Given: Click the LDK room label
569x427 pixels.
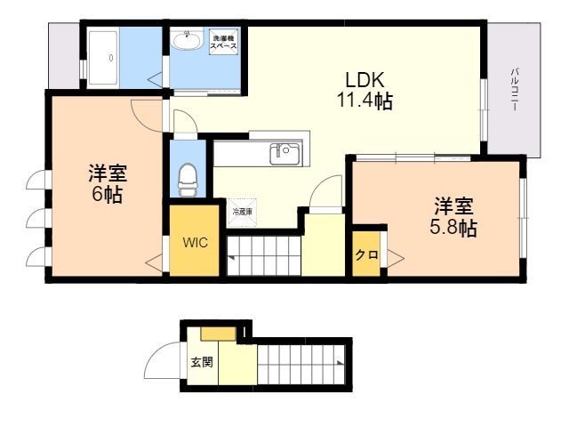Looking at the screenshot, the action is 365,80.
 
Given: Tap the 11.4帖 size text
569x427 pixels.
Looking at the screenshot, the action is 365,101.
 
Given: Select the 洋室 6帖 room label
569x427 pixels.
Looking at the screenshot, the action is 108,183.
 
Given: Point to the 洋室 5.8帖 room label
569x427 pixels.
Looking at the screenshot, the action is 453,217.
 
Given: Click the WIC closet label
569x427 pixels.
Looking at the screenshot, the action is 195,242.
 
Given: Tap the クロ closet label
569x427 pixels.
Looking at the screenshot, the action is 367,255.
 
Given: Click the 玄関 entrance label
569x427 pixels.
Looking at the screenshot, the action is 202,362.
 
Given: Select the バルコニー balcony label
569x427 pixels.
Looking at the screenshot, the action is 514,89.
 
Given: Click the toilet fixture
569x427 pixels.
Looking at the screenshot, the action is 188,180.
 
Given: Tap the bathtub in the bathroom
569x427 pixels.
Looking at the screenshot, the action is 103,57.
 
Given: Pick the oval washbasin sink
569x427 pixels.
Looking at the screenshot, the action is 187,40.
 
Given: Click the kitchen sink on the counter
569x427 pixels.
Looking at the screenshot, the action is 284,153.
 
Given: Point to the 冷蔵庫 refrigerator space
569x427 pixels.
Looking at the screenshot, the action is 242,212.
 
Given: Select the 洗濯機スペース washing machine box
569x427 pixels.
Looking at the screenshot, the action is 224,42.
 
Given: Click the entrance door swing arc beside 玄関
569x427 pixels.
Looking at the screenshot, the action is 162,359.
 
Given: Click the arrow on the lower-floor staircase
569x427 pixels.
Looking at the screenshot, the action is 340,362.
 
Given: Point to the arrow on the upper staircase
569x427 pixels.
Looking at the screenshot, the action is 231,258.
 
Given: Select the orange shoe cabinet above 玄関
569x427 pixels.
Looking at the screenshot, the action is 219,334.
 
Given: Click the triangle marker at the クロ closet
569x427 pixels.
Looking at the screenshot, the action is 395,258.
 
